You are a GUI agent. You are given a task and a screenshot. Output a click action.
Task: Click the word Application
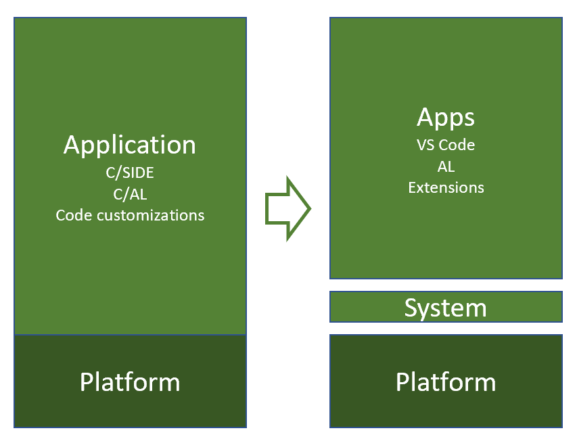tap(129, 146)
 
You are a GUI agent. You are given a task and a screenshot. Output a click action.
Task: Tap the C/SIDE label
tap(130, 172)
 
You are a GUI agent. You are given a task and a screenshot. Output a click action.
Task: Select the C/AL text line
tap(130, 194)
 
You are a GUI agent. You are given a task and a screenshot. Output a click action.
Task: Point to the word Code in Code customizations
tap(74, 215)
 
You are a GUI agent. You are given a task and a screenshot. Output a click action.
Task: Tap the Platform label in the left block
tap(130, 382)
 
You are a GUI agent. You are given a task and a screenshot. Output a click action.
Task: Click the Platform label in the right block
tap(446, 382)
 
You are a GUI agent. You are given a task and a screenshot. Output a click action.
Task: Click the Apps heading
tap(446, 118)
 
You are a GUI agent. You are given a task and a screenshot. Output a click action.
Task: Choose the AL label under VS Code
tap(446, 166)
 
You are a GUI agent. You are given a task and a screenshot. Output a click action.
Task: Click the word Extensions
tap(446, 187)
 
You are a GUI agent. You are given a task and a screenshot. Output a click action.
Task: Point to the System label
tap(446, 308)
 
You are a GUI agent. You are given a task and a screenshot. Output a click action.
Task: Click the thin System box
tap(446, 307)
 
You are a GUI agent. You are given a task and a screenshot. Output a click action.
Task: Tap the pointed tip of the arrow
tap(311, 208)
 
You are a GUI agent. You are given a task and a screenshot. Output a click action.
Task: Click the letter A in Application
tap(72, 145)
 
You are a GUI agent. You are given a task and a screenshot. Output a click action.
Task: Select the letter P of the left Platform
tap(86, 382)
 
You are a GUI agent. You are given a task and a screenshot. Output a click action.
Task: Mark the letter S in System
tap(411, 308)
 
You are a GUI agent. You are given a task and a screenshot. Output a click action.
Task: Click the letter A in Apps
tap(425, 117)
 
